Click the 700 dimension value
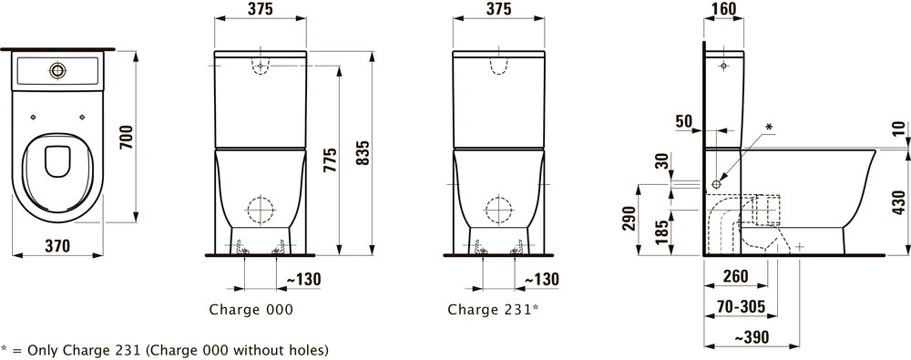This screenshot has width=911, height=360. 128,137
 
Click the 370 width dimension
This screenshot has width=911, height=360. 57,246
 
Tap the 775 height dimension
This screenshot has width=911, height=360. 330,161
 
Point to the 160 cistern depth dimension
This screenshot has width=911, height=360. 723,9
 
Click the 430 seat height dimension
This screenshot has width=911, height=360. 898,202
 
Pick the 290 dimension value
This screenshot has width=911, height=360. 629,218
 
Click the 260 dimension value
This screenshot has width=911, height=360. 735,277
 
